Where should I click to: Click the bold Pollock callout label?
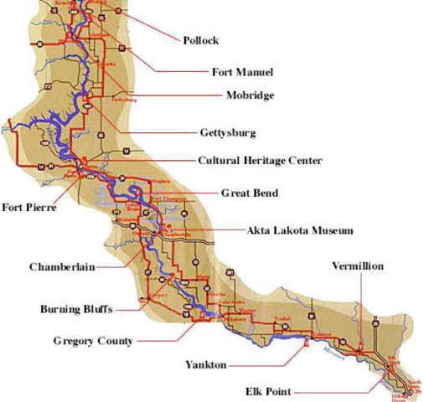(x=201, y=40)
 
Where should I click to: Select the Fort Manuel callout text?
(x=242, y=72)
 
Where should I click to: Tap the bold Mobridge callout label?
(x=250, y=95)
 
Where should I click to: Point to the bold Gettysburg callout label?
(x=228, y=132)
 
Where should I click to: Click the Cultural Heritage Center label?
(x=260, y=160)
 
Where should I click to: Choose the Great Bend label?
(x=249, y=193)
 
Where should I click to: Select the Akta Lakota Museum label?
(x=300, y=229)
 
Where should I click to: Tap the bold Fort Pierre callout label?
(x=29, y=208)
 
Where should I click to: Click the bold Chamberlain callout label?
(x=62, y=267)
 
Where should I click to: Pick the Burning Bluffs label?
(x=76, y=308)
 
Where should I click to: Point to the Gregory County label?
(x=92, y=341)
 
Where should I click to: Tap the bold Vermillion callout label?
(x=358, y=265)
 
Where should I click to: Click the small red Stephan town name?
(x=161, y=181)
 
